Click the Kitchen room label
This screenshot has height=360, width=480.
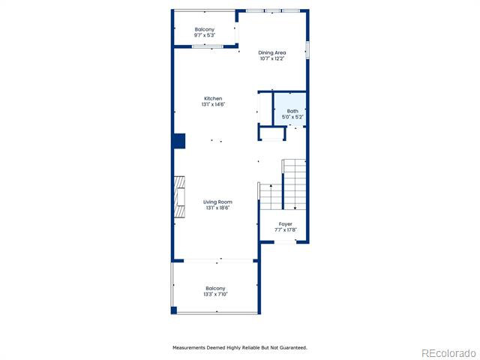click(213, 98)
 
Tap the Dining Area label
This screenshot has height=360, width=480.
click(272, 52)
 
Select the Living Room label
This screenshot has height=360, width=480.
click(217, 202)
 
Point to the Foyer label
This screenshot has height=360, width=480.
click(285, 224)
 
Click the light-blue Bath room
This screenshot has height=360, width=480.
click(290, 109)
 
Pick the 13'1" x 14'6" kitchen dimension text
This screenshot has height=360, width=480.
click(213, 104)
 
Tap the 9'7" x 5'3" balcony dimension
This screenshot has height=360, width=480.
click(205, 35)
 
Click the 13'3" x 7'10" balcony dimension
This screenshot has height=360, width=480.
click(215, 294)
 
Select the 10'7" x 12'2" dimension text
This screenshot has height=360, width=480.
click(272, 58)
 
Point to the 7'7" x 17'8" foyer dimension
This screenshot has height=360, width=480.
click(285, 230)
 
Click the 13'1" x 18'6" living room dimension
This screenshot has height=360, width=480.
click(217, 208)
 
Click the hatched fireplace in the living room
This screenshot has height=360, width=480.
click(180, 196)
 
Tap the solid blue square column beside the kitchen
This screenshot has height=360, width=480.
click(180, 141)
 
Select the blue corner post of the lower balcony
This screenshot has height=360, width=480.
click(174, 310)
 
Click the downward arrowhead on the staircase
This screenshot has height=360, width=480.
click(295, 208)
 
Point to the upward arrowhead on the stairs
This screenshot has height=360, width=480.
click(271, 185)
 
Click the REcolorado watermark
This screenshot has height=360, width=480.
click(448, 353)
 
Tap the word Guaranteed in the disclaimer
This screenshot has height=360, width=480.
click(293, 348)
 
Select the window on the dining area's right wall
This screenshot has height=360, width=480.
click(307, 50)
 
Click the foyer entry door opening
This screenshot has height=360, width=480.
click(285, 242)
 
